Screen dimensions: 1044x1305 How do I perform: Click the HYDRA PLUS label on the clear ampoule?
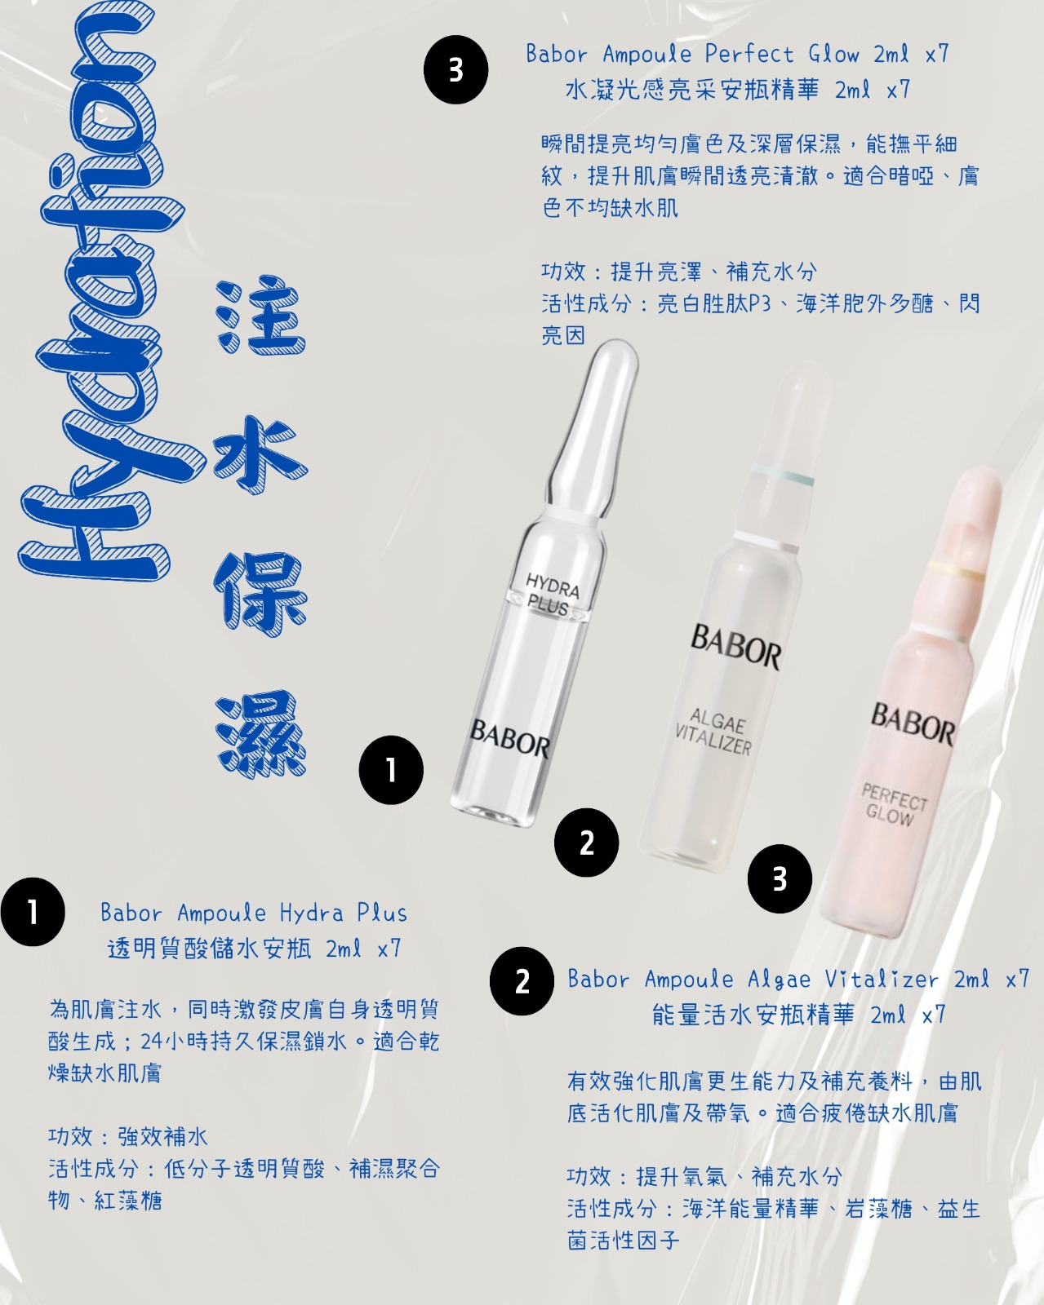pyautogui.click(x=553, y=595)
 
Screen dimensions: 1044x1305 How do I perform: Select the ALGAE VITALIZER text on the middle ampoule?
pyautogui.click(x=713, y=732)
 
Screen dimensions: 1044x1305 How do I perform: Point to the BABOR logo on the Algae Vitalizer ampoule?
pyautogui.click(x=735, y=647)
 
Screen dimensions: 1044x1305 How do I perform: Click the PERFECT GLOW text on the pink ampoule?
pyautogui.click(x=893, y=804)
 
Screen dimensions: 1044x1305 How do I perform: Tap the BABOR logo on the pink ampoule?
pyautogui.click(x=913, y=723)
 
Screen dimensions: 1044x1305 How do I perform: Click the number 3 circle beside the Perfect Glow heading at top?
pyautogui.click(x=455, y=70)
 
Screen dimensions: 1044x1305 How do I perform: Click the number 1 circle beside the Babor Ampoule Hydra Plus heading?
pyautogui.click(x=33, y=911)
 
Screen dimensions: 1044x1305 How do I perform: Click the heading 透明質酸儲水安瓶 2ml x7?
pyautogui.click(x=255, y=948)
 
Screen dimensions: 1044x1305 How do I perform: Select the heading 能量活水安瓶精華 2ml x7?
pyautogui.click(x=799, y=1014)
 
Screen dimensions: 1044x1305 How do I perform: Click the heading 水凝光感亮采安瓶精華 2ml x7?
pyautogui.click(x=738, y=90)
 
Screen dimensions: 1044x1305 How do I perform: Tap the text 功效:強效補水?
pyautogui.click(x=128, y=1136)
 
